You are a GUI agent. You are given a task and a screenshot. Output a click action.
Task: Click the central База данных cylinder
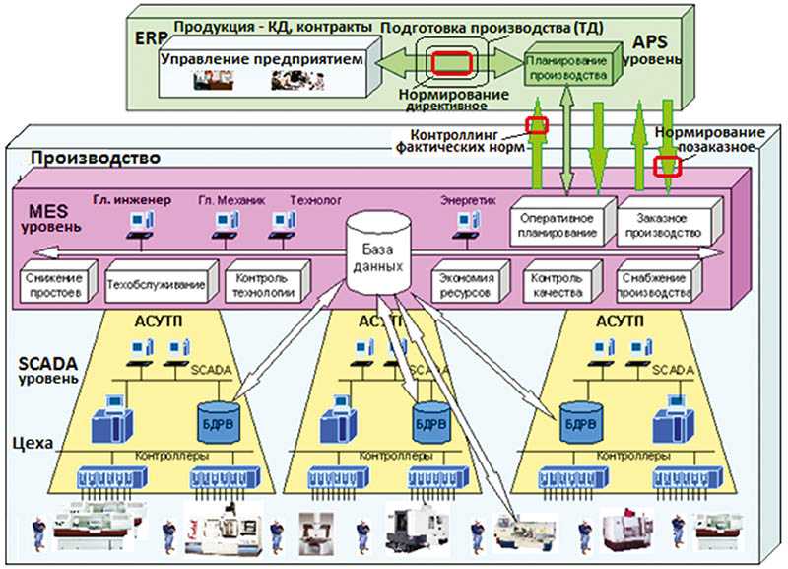378,253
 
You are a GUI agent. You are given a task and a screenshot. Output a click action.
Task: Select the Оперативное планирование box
562,222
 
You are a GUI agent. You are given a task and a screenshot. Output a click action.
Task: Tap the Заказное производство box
670,222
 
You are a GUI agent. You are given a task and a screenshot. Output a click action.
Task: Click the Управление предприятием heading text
261,59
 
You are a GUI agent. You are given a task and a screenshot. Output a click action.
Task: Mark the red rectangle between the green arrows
452,63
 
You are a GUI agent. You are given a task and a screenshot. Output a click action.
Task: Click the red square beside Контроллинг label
536,125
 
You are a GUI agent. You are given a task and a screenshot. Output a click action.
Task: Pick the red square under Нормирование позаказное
667,167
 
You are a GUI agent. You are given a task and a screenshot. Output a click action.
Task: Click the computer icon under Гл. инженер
141,225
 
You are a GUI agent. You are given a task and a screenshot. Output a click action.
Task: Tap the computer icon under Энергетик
467,225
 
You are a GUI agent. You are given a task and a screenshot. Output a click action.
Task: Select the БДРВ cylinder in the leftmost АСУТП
219,422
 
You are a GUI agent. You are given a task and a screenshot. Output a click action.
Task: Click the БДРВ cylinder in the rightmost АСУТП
580,422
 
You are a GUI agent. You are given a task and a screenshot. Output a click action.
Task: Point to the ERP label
151,38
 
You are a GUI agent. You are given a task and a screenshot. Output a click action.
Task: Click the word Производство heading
96,158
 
